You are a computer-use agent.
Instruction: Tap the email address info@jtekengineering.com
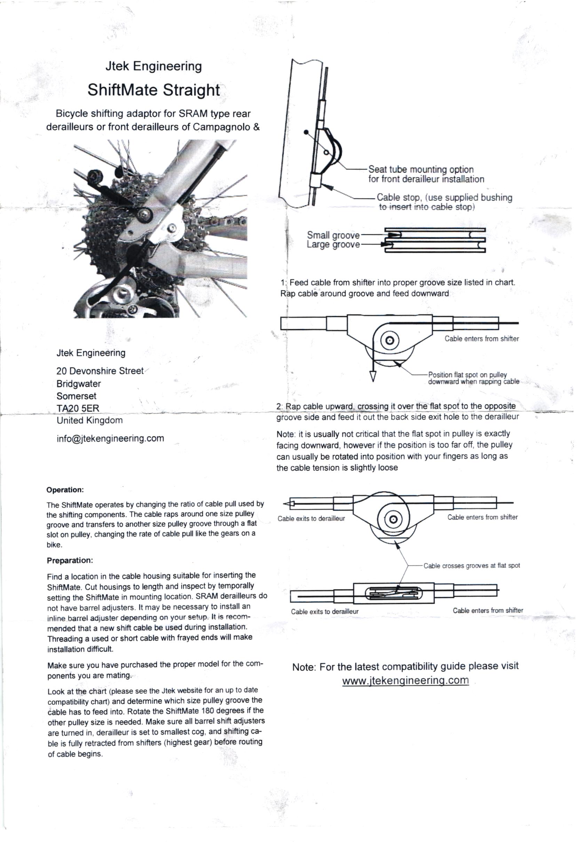click(110, 438)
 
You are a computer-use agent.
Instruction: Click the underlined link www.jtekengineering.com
click(405, 680)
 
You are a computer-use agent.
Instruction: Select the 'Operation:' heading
click(65, 490)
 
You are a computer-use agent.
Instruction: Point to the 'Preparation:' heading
click(70, 560)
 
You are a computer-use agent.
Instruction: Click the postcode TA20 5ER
click(78, 408)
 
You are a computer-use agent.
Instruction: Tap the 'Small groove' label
click(333, 235)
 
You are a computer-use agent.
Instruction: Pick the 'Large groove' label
click(333, 245)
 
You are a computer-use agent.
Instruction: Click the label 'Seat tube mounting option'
click(421, 169)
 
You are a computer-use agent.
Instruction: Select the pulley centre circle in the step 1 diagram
click(390, 341)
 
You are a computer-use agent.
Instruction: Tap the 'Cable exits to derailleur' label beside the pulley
click(311, 518)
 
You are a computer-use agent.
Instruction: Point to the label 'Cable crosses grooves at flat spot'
click(472, 565)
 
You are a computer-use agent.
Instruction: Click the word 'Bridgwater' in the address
click(79, 384)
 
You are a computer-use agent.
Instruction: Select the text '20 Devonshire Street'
click(100, 371)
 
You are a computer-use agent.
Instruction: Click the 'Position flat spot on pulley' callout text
click(467, 375)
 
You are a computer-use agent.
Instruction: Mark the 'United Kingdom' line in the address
click(89, 420)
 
